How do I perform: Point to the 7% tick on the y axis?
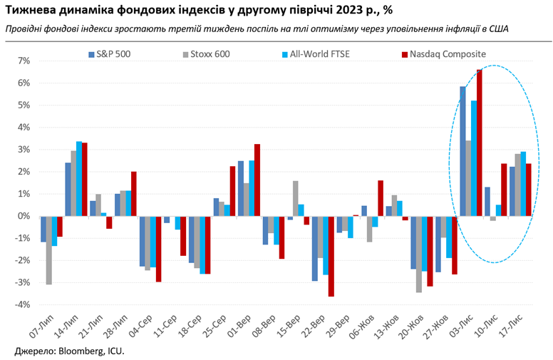[23, 61]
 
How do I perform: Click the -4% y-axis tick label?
[21, 305]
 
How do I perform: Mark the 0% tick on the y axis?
[23, 216]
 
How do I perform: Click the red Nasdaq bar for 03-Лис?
[480, 143]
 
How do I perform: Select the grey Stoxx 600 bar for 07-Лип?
[49, 250]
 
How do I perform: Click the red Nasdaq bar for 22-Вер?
[331, 256]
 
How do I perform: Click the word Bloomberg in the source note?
[82, 350]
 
